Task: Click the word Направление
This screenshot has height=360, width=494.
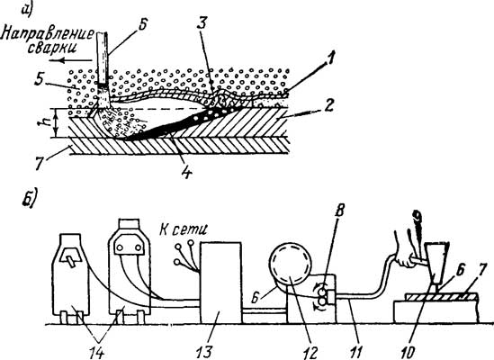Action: (x=48, y=35)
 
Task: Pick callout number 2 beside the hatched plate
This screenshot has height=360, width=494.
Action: (x=328, y=106)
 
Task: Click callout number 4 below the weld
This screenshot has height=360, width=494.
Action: (x=187, y=172)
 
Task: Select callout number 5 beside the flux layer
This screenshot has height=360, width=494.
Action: (x=39, y=81)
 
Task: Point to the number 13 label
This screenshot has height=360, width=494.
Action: (x=205, y=352)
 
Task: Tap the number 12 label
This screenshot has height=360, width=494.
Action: (x=310, y=352)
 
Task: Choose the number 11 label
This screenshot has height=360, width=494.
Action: (x=355, y=352)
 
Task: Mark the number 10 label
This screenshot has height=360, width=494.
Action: (x=409, y=352)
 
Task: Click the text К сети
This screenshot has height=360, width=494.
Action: (x=184, y=229)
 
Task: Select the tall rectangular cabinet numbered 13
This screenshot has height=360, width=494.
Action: (x=221, y=283)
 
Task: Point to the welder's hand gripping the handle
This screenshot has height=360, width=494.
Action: (x=404, y=256)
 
